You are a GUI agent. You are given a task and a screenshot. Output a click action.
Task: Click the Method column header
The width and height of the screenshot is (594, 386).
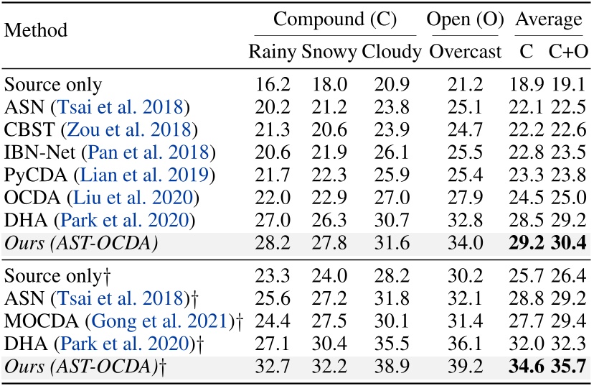pyautogui.click(x=36, y=30)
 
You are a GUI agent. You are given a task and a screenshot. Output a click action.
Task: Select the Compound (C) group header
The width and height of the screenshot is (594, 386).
pyautogui.click(x=335, y=17)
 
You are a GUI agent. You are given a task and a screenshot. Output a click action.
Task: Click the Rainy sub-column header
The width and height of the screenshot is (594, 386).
pyautogui.click(x=273, y=52)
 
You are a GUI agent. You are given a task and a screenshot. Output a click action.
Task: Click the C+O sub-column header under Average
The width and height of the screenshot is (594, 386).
pyautogui.click(x=569, y=52)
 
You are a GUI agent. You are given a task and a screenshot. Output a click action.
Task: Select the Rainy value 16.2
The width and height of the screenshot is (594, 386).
pyautogui.click(x=273, y=86)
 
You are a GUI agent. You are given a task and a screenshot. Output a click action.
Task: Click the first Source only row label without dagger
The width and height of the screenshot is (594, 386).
pyautogui.click(x=52, y=86)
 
